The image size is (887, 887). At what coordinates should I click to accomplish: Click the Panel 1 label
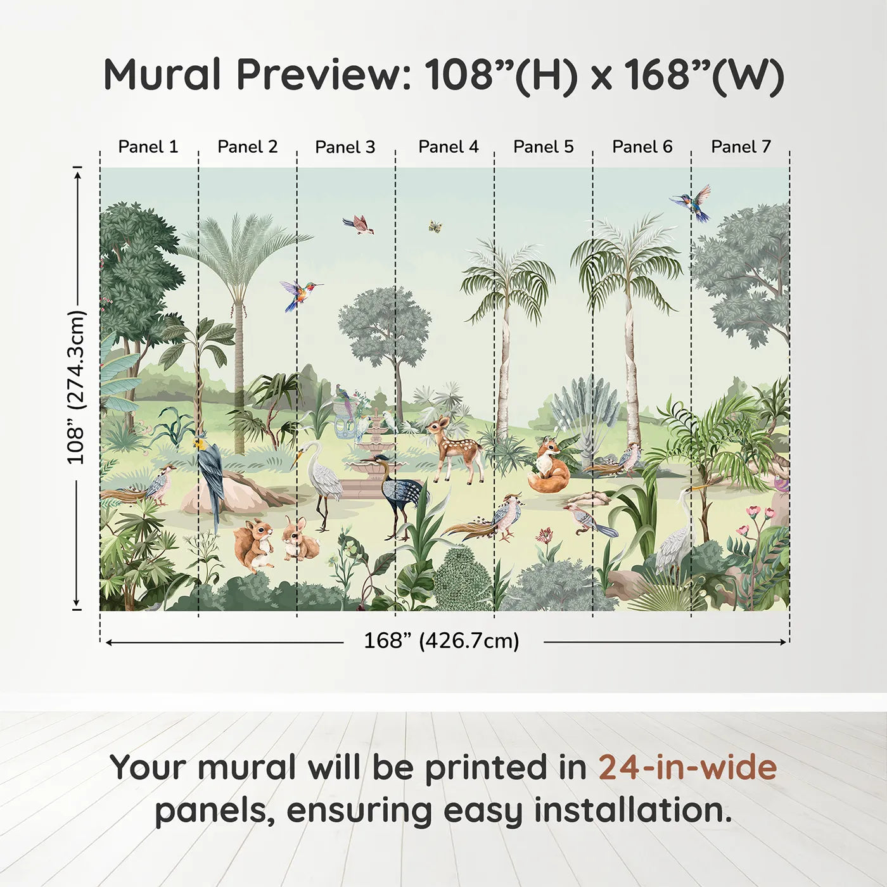point(148,147)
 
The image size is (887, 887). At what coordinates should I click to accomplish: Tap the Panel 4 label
point(448,147)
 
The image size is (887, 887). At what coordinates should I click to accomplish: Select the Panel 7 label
point(741,147)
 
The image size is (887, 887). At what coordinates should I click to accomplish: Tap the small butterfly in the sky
point(435,226)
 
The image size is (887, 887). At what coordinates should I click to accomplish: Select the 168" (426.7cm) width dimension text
point(441,641)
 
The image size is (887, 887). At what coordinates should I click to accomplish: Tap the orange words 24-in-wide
point(687,768)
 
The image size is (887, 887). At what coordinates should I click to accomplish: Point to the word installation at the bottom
point(632,811)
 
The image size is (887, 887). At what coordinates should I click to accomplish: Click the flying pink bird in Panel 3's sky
point(359,224)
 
